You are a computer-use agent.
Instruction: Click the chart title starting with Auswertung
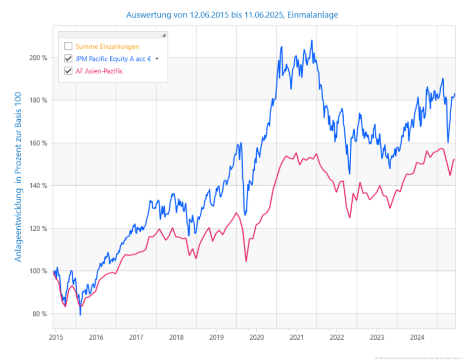[232, 15]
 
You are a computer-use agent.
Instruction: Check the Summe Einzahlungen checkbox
[68, 47]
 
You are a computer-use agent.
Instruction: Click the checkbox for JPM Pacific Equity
[68, 59]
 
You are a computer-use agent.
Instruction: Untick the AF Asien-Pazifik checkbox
[68, 71]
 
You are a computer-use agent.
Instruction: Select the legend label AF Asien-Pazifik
[99, 71]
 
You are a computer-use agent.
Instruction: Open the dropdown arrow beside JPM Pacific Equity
[157, 59]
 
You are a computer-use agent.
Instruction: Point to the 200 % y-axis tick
[39, 57]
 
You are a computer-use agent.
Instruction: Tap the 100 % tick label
[39, 271]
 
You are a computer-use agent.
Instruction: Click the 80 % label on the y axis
[40, 314]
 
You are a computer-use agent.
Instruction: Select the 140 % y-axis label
[39, 186]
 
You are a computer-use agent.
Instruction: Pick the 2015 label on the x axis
[55, 338]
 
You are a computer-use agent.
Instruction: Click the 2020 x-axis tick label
[256, 338]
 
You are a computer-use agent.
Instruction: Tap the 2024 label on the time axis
[417, 338]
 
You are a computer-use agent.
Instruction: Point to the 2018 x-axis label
[176, 338]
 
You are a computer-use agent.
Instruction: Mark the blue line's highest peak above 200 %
[312, 41]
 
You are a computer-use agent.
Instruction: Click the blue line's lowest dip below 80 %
[80, 314]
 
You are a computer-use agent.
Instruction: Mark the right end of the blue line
[455, 94]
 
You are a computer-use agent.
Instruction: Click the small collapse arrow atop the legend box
[163, 35]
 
